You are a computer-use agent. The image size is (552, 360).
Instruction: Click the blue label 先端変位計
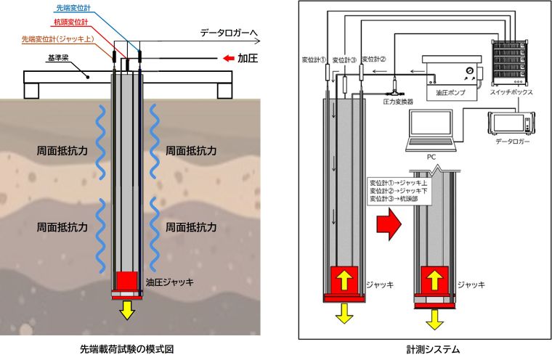tap(74, 7)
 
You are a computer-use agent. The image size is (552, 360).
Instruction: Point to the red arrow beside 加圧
tap(228, 58)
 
